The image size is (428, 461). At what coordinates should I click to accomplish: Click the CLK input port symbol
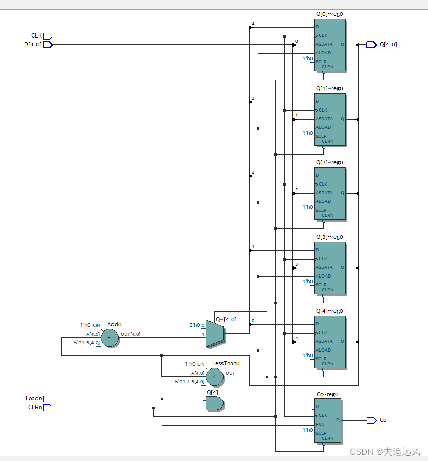pyautogui.click(x=47, y=36)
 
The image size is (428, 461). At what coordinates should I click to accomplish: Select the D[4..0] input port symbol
pyautogui.click(x=47, y=45)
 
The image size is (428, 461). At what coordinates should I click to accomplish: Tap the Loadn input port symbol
pyautogui.click(x=47, y=399)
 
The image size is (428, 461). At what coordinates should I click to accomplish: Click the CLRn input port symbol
pyautogui.click(x=47, y=408)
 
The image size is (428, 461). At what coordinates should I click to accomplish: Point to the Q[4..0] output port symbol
pyautogui.click(x=371, y=45)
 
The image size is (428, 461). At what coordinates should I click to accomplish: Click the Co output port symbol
pyautogui.click(x=371, y=420)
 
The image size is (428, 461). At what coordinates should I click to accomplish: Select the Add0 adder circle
pyautogui.click(x=108, y=338)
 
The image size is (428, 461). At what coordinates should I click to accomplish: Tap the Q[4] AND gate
pyautogui.click(x=214, y=403)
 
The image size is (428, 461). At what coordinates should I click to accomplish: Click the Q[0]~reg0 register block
pyautogui.click(x=329, y=45)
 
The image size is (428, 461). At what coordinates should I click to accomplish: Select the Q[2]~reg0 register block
pyautogui.click(x=329, y=193)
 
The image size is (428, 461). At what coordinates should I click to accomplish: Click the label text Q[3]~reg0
pyautogui.click(x=329, y=237)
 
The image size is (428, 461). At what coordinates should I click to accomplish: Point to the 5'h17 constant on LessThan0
pyautogui.click(x=182, y=381)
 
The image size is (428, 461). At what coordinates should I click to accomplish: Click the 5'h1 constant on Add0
pyautogui.click(x=79, y=342)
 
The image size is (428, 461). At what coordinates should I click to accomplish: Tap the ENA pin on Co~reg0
pyautogui.click(x=320, y=425)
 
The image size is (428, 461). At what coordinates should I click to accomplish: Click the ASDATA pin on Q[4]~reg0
pyautogui.click(x=324, y=341)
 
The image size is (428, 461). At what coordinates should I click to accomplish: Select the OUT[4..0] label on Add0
pyautogui.click(x=131, y=334)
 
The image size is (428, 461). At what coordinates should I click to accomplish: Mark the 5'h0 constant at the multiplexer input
pyautogui.click(x=194, y=325)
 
